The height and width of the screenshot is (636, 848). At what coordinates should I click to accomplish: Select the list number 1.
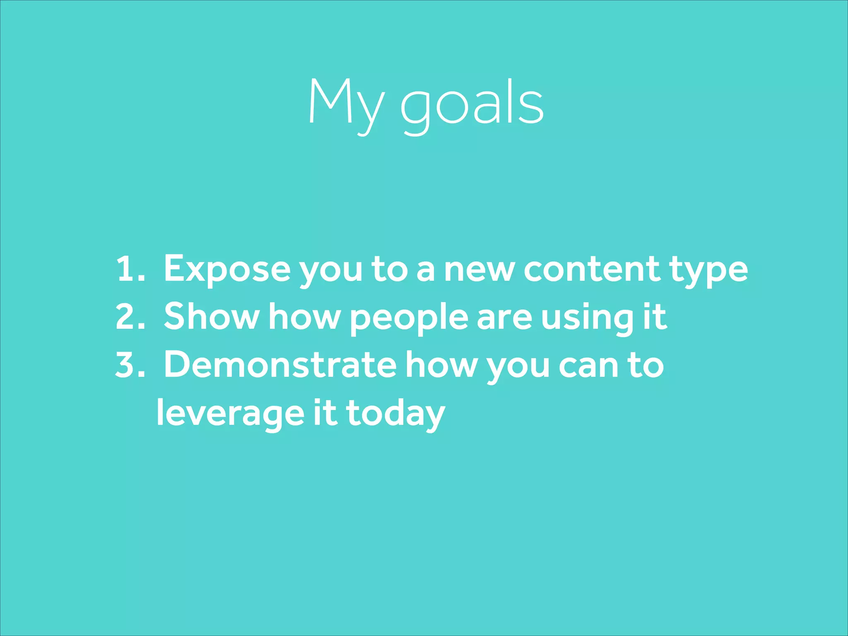(x=130, y=270)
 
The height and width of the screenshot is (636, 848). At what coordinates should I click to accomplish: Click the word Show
(x=211, y=317)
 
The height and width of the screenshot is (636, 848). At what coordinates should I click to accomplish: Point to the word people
(x=409, y=319)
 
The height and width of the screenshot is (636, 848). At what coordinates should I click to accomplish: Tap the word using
(x=587, y=319)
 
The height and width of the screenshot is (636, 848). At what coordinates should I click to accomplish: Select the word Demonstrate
(x=280, y=365)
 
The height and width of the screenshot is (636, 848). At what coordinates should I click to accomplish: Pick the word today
(x=395, y=414)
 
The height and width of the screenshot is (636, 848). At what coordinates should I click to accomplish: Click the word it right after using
(x=655, y=317)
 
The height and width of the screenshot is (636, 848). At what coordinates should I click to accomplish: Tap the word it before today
(x=325, y=413)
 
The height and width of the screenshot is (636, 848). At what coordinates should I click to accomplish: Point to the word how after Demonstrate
(x=441, y=365)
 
